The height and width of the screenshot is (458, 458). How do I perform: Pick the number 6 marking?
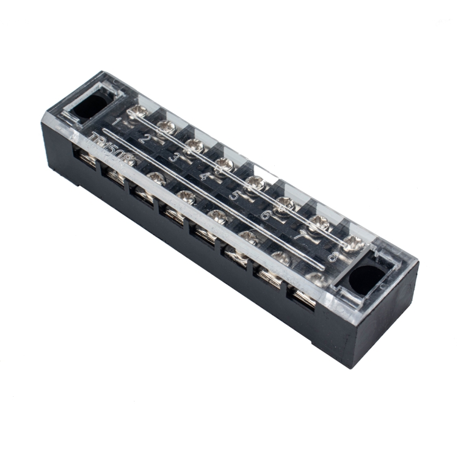(x=265, y=215)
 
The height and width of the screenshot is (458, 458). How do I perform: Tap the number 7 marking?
(x=299, y=235)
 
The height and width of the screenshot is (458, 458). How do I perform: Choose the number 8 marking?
(x=333, y=256)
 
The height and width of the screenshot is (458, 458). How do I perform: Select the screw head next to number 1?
(x=139, y=111)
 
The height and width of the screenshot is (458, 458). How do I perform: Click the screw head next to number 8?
(x=352, y=244)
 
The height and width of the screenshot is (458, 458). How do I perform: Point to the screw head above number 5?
(x=255, y=183)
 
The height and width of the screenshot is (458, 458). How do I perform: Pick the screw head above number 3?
(x=194, y=145)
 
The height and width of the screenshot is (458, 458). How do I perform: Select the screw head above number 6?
(x=285, y=203)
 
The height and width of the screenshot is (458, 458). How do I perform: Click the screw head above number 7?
(x=318, y=224)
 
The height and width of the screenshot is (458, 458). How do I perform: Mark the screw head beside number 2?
(x=166, y=127)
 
